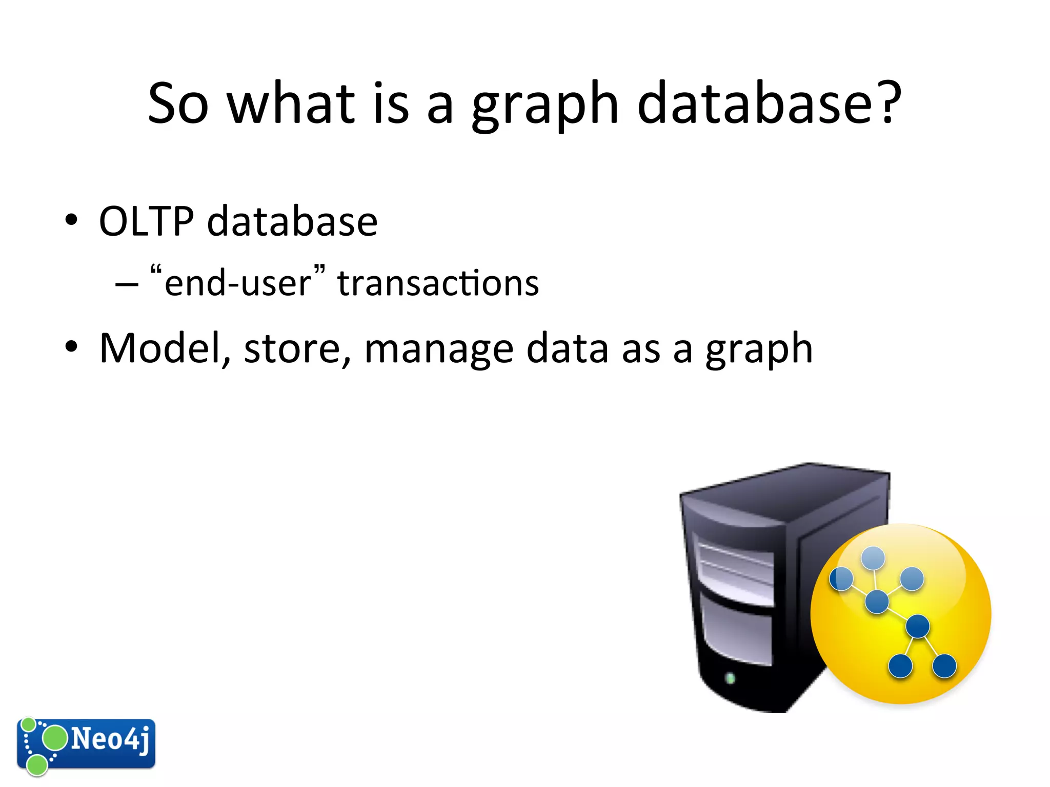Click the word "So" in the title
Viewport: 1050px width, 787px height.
tap(178, 103)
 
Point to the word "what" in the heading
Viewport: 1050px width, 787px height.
tap(291, 103)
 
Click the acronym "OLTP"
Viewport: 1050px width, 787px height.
tap(147, 221)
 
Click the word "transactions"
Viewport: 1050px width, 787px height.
tap(438, 283)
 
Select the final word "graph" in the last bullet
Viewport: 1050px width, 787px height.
tap(759, 350)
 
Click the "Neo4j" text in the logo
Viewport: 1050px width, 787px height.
tap(111, 739)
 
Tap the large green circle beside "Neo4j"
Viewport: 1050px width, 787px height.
tap(54, 738)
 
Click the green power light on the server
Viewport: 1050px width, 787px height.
tap(730, 679)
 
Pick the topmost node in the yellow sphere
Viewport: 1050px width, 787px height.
tap(873, 557)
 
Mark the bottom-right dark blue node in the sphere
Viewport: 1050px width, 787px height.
tap(944, 666)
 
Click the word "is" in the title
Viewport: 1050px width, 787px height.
tap(391, 103)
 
